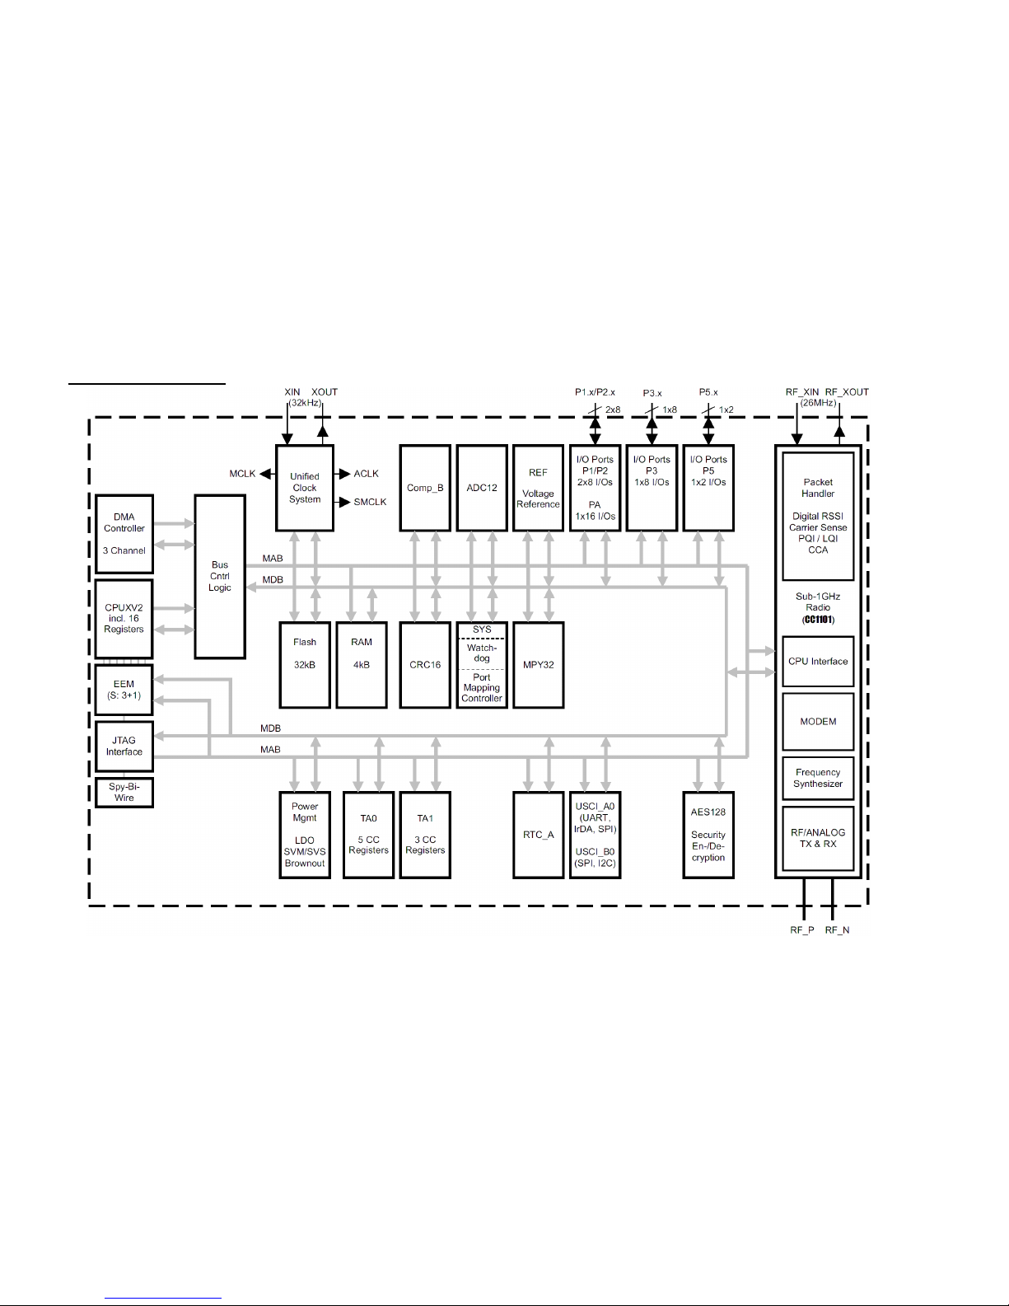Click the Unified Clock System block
coord(305,488)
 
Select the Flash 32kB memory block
coord(305,665)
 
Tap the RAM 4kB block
coord(361,665)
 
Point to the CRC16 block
coord(425,665)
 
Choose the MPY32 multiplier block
coord(538,665)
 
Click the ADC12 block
coord(482,488)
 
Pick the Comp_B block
coord(425,488)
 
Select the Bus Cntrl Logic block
coord(220,577)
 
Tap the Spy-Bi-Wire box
coord(124,792)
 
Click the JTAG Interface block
coord(124,746)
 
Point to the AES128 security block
coord(708,835)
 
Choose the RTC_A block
coord(538,835)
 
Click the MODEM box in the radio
coord(818,721)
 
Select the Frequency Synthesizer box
coord(818,778)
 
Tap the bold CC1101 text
coord(818,620)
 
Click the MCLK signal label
coord(242,474)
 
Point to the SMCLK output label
coord(370,502)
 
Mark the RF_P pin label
coord(801,929)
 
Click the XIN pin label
coord(292,392)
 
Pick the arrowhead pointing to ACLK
coord(345,474)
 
